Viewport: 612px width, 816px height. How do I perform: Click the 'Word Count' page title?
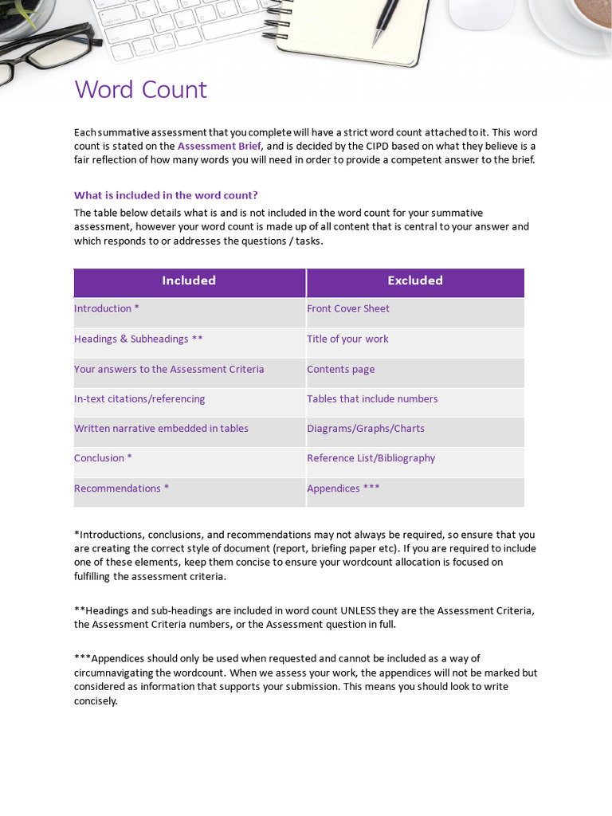click(140, 89)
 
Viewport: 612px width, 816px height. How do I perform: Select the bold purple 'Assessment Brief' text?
click(218, 146)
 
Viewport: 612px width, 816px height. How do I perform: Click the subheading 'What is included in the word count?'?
click(166, 195)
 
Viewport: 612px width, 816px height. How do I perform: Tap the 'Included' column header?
click(189, 280)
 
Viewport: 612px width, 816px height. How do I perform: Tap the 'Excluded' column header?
click(415, 280)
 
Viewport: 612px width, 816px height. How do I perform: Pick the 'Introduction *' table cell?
click(107, 309)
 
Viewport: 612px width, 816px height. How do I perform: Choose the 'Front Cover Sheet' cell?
click(348, 309)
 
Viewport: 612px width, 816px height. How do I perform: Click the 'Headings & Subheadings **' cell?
click(138, 339)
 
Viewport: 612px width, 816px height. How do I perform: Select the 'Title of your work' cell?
click(347, 339)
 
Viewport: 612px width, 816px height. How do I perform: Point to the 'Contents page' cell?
click(340, 370)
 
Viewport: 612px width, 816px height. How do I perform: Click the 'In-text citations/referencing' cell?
click(139, 399)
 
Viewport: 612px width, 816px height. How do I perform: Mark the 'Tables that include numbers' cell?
click(372, 399)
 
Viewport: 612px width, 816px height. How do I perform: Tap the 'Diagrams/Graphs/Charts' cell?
click(366, 429)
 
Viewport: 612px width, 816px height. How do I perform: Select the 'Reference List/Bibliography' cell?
click(371, 458)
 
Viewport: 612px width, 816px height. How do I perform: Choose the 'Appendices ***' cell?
click(343, 488)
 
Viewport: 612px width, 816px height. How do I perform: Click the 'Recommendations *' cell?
click(121, 488)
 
